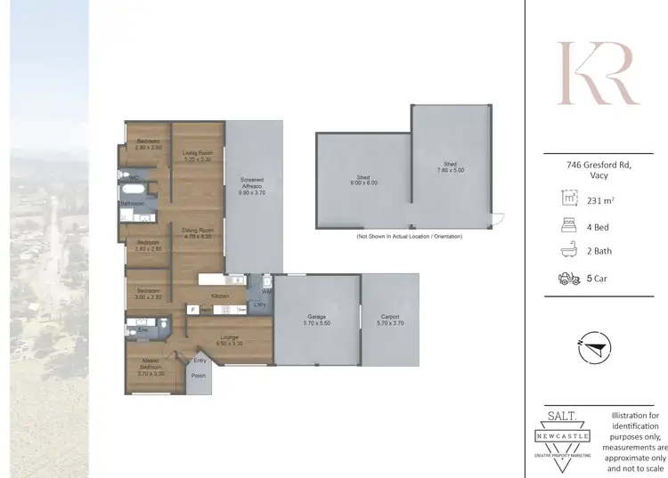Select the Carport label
pos(389,318)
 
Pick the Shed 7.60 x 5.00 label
pos(451,166)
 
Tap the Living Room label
pos(197,157)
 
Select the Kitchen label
pos(220,296)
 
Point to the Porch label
pos(198,376)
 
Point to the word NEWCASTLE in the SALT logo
pos(561,436)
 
